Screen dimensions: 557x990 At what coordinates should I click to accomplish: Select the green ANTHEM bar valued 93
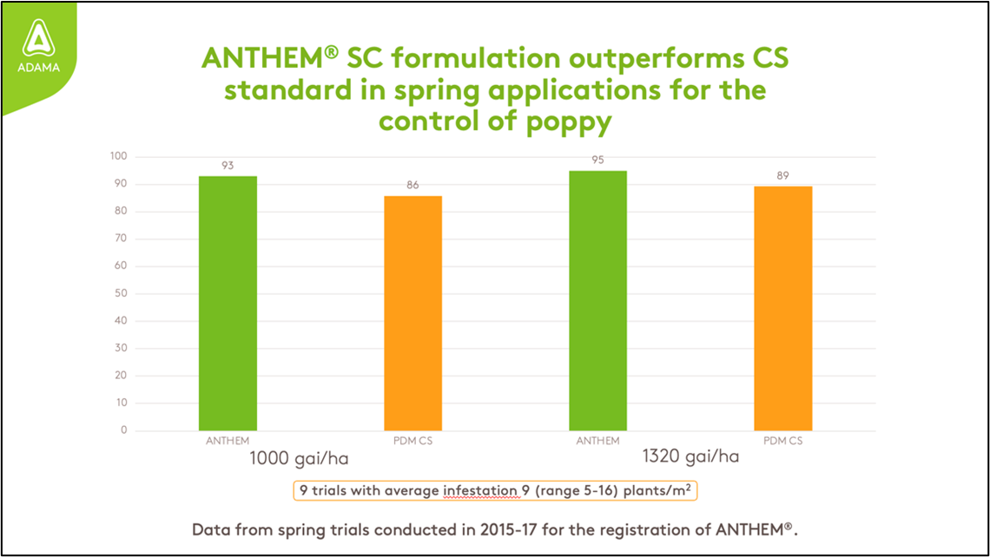pyautogui.click(x=228, y=303)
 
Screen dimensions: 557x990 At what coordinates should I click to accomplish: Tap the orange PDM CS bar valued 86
pyautogui.click(x=412, y=312)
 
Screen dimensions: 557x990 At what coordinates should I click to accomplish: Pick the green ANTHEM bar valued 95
pyautogui.click(x=597, y=300)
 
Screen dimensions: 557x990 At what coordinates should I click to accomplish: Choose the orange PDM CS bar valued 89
pyautogui.click(x=783, y=308)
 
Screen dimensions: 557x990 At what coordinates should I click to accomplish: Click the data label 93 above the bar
pyautogui.click(x=228, y=165)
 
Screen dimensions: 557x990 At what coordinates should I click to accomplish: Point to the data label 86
pyautogui.click(x=412, y=185)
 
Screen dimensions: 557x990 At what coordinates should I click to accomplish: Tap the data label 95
pyautogui.click(x=597, y=160)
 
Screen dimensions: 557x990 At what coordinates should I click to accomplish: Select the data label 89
pyautogui.click(x=783, y=175)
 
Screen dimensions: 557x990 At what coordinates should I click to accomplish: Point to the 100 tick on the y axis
pyautogui.click(x=118, y=157)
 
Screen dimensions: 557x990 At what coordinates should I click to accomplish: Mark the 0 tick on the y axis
pyautogui.click(x=123, y=430)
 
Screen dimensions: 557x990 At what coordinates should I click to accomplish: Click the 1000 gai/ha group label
pyautogui.click(x=300, y=457)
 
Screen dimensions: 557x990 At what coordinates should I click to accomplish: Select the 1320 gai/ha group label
pyautogui.click(x=690, y=456)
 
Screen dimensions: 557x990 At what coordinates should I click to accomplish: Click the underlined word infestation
pyautogui.click(x=480, y=490)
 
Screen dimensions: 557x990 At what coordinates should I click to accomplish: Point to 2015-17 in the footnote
pyautogui.click(x=495, y=528)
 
